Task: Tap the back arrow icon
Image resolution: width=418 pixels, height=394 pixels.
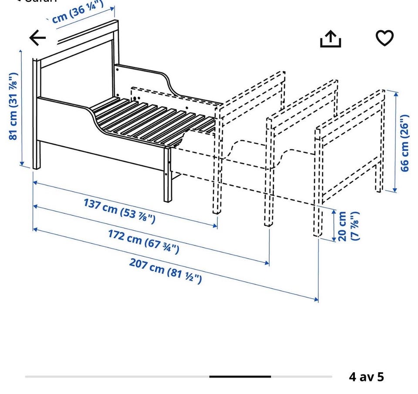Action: click(x=38, y=38)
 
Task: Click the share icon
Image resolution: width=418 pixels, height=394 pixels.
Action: click(x=330, y=39)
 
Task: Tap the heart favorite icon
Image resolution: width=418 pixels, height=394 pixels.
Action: click(x=384, y=38)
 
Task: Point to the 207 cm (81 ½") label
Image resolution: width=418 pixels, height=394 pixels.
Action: click(x=165, y=270)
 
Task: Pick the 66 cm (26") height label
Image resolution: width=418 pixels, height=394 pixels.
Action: click(x=405, y=143)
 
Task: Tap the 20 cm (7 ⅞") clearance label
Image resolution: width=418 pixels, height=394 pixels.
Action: click(x=348, y=226)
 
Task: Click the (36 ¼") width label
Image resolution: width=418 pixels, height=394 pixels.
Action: click(x=78, y=13)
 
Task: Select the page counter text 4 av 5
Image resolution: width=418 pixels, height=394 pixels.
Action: click(x=366, y=377)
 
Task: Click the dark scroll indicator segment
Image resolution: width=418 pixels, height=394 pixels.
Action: click(x=240, y=377)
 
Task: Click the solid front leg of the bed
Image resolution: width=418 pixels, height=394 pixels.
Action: click(x=168, y=174)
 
